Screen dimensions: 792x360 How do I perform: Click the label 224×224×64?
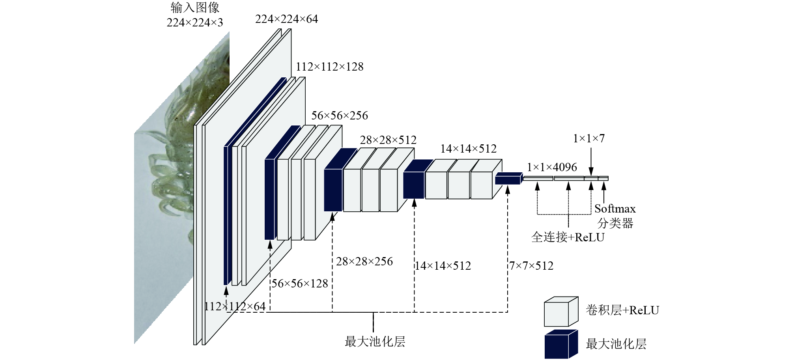click(286, 19)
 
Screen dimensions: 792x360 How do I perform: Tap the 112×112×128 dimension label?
click(329, 67)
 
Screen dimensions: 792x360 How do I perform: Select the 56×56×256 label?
click(339, 116)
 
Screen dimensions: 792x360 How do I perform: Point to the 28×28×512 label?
click(388, 140)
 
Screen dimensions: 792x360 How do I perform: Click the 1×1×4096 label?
click(552, 167)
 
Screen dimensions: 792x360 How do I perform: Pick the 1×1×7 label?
click(588, 138)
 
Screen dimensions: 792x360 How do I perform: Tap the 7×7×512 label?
click(531, 266)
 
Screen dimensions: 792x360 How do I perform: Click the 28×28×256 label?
click(364, 261)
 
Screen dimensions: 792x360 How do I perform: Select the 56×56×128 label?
click(300, 284)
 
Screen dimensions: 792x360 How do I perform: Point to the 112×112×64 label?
click(235, 306)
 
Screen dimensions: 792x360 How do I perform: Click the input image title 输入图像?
click(195, 7)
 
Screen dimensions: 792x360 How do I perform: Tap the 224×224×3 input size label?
click(195, 22)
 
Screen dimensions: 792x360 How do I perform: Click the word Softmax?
click(615, 209)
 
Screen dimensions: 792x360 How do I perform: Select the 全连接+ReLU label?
click(568, 237)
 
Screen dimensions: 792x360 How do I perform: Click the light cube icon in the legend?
click(561, 312)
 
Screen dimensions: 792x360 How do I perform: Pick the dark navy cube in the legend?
click(561, 344)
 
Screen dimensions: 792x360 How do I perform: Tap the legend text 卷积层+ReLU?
click(622, 310)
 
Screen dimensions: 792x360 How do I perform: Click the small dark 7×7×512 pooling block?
click(508, 178)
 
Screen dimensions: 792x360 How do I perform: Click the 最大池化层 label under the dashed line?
click(375, 341)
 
